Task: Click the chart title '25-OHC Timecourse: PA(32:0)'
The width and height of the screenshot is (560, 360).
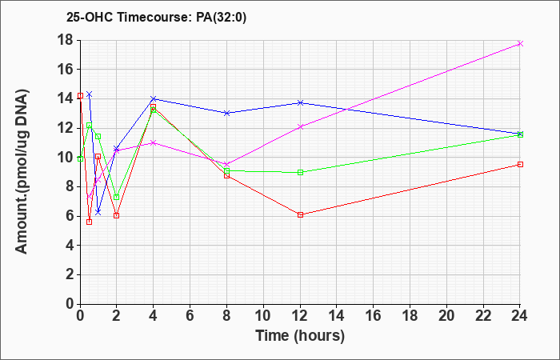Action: tap(156, 18)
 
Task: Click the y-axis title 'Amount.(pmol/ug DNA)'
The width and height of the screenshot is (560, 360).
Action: tap(22, 171)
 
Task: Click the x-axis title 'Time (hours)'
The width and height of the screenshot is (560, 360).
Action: tap(300, 336)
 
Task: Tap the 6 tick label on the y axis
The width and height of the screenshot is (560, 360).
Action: tap(70, 216)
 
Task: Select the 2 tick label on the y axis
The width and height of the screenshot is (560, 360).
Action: tap(70, 274)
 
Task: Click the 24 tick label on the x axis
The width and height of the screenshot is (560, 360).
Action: tap(520, 315)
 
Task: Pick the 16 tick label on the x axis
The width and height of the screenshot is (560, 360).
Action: tap(374, 315)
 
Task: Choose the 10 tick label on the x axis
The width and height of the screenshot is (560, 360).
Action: tap(263, 315)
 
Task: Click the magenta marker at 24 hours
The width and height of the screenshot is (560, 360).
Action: tap(520, 43)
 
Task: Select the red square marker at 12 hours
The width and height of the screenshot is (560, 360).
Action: tap(300, 214)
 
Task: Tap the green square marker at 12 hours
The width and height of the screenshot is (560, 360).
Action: tap(300, 172)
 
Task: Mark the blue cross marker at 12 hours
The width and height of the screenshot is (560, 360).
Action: tap(300, 102)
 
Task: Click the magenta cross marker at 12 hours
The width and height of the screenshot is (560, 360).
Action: tap(300, 126)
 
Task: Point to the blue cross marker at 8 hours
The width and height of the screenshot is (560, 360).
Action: tap(226, 113)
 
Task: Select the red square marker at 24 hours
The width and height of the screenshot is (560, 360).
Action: tap(520, 164)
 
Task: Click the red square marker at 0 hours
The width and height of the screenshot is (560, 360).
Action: tap(80, 96)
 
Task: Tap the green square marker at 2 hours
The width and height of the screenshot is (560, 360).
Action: tap(117, 197)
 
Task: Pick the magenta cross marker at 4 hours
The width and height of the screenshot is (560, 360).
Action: tap(154, 142)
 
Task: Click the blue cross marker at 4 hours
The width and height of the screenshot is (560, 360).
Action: tap(154, 98)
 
